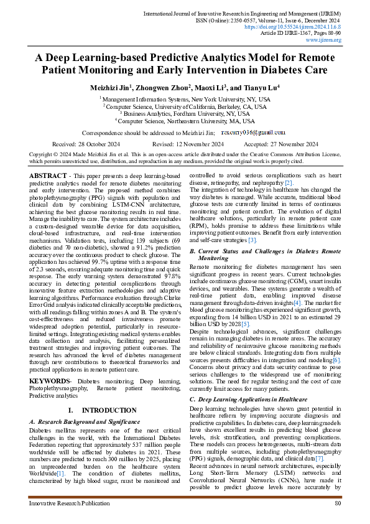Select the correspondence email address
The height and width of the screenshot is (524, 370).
pos(254,133)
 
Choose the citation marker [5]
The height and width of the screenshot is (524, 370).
pos(228,324)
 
